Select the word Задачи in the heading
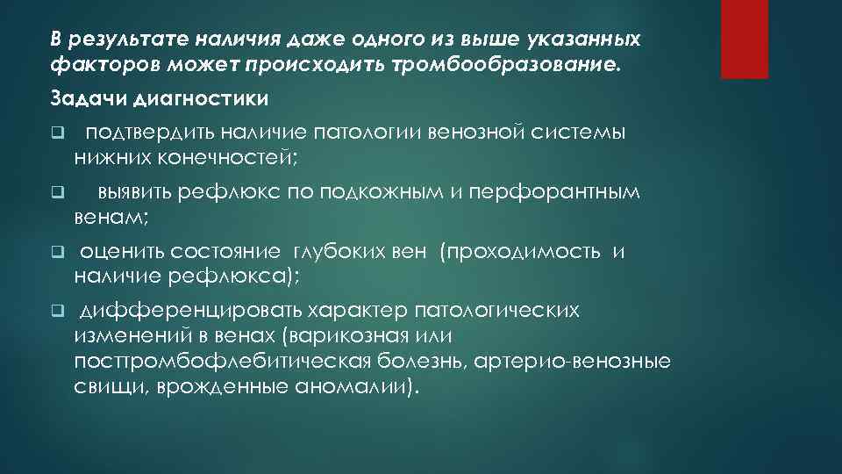(78, 96)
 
